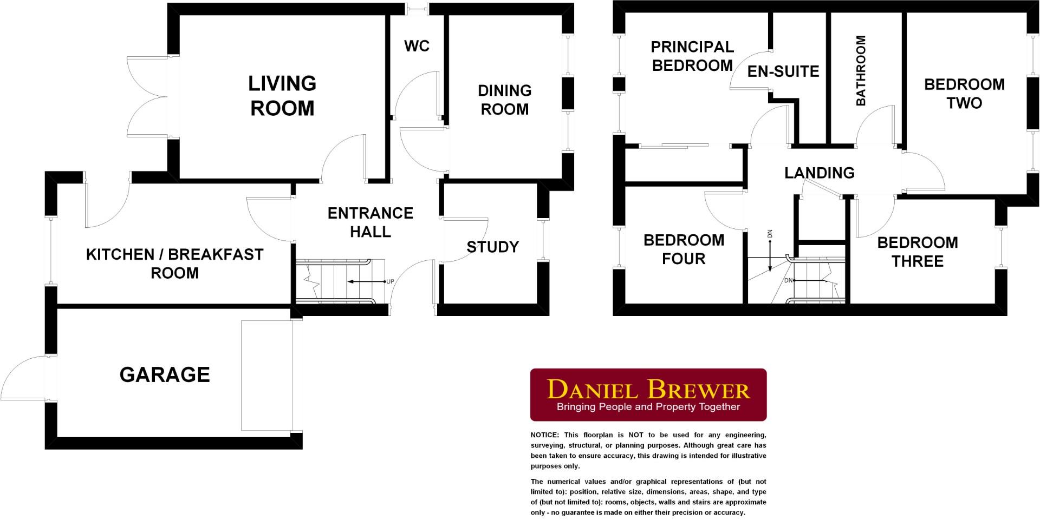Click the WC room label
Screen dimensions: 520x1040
(417, 47)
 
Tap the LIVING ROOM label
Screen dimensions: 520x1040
(282, 96)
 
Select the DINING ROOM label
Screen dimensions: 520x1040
(504, 100)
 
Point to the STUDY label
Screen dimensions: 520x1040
(492, 247)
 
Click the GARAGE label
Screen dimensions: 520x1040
(165, 375)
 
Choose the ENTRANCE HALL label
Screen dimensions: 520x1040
(370, 222)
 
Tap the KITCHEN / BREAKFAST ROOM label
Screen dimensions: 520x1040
(174, 264)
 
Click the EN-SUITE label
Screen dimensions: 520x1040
(783, 71)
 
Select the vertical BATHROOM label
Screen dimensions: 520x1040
(860, 70)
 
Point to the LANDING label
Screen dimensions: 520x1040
(820, 173)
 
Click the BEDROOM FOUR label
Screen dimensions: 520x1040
(684, 249)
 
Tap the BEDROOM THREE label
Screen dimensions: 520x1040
(918, 252)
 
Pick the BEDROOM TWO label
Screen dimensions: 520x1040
(964, 94)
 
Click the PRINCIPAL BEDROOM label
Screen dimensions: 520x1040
(692, 56)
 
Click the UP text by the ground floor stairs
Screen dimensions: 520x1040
(390, 282)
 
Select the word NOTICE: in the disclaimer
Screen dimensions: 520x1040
(544, 435)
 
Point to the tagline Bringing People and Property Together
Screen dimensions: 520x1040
(648, 407)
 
